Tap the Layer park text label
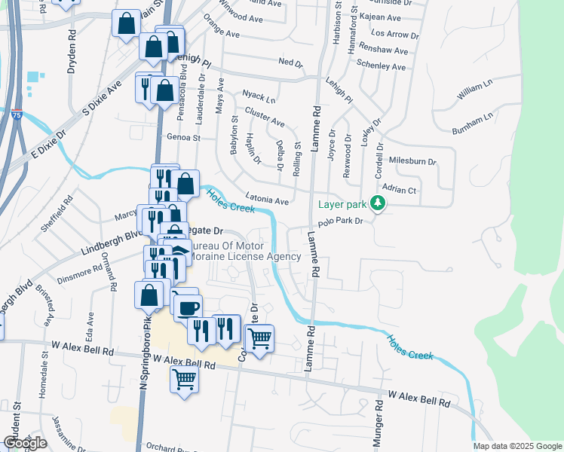342,204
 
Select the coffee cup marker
188,306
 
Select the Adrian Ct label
400,191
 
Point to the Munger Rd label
379,426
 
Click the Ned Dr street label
290,63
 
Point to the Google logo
25,443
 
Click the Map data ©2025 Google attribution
517,446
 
